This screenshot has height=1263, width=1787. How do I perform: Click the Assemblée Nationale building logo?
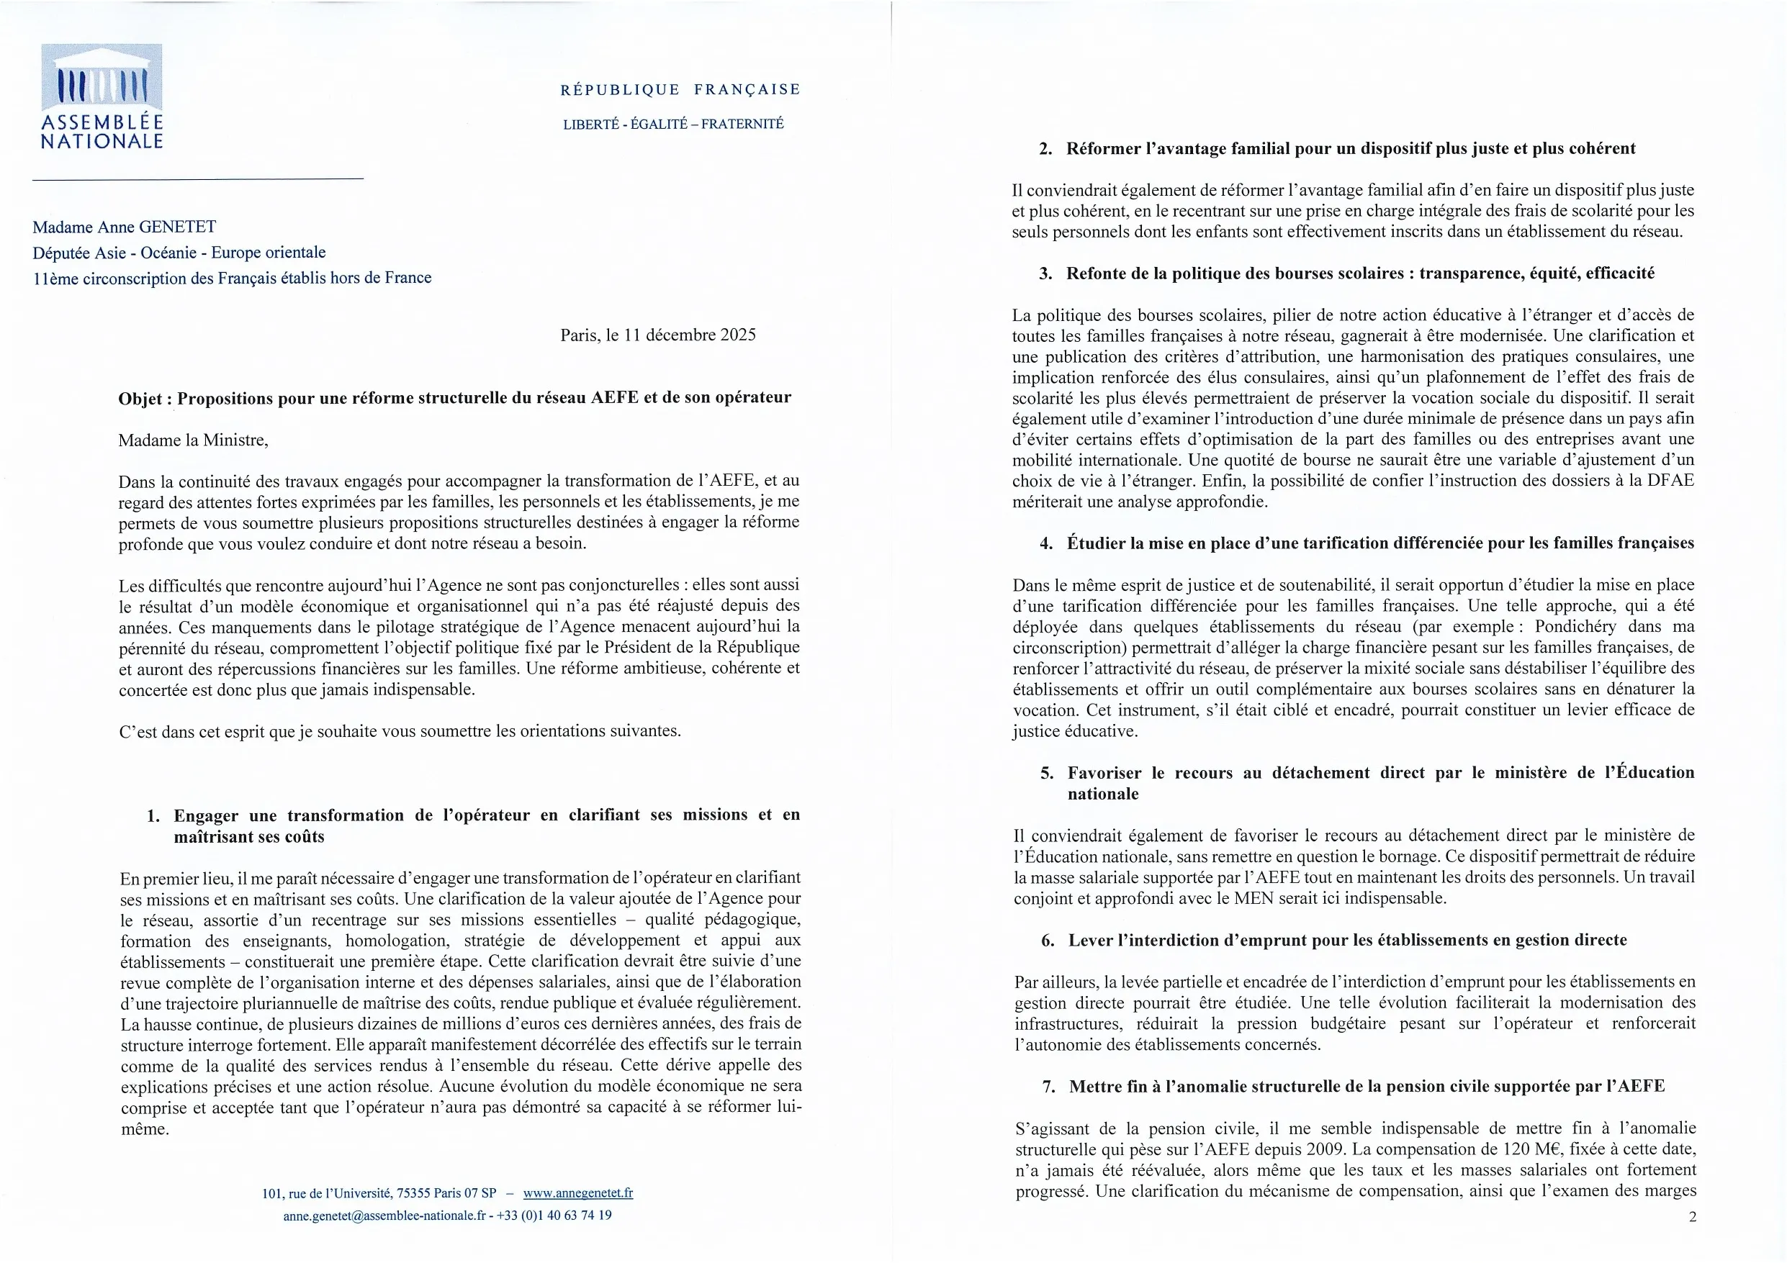102,78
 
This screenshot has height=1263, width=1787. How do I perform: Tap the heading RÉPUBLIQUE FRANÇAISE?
680,89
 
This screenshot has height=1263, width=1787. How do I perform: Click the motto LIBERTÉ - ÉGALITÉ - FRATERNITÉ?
673,124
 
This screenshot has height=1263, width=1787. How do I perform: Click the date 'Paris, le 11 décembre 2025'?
657,335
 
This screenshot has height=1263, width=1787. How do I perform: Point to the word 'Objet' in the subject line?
140,399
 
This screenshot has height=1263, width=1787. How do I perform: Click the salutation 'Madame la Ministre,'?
193,440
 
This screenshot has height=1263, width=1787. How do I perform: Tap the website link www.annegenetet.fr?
577,1192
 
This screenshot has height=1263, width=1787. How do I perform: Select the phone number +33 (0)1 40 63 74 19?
554,1215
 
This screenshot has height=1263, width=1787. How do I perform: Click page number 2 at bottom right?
1692,1216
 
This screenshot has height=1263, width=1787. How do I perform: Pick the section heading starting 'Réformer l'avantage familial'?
1351,149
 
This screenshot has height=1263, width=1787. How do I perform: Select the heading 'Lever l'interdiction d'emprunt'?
1347,940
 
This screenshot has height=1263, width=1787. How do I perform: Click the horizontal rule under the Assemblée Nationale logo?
198,180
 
